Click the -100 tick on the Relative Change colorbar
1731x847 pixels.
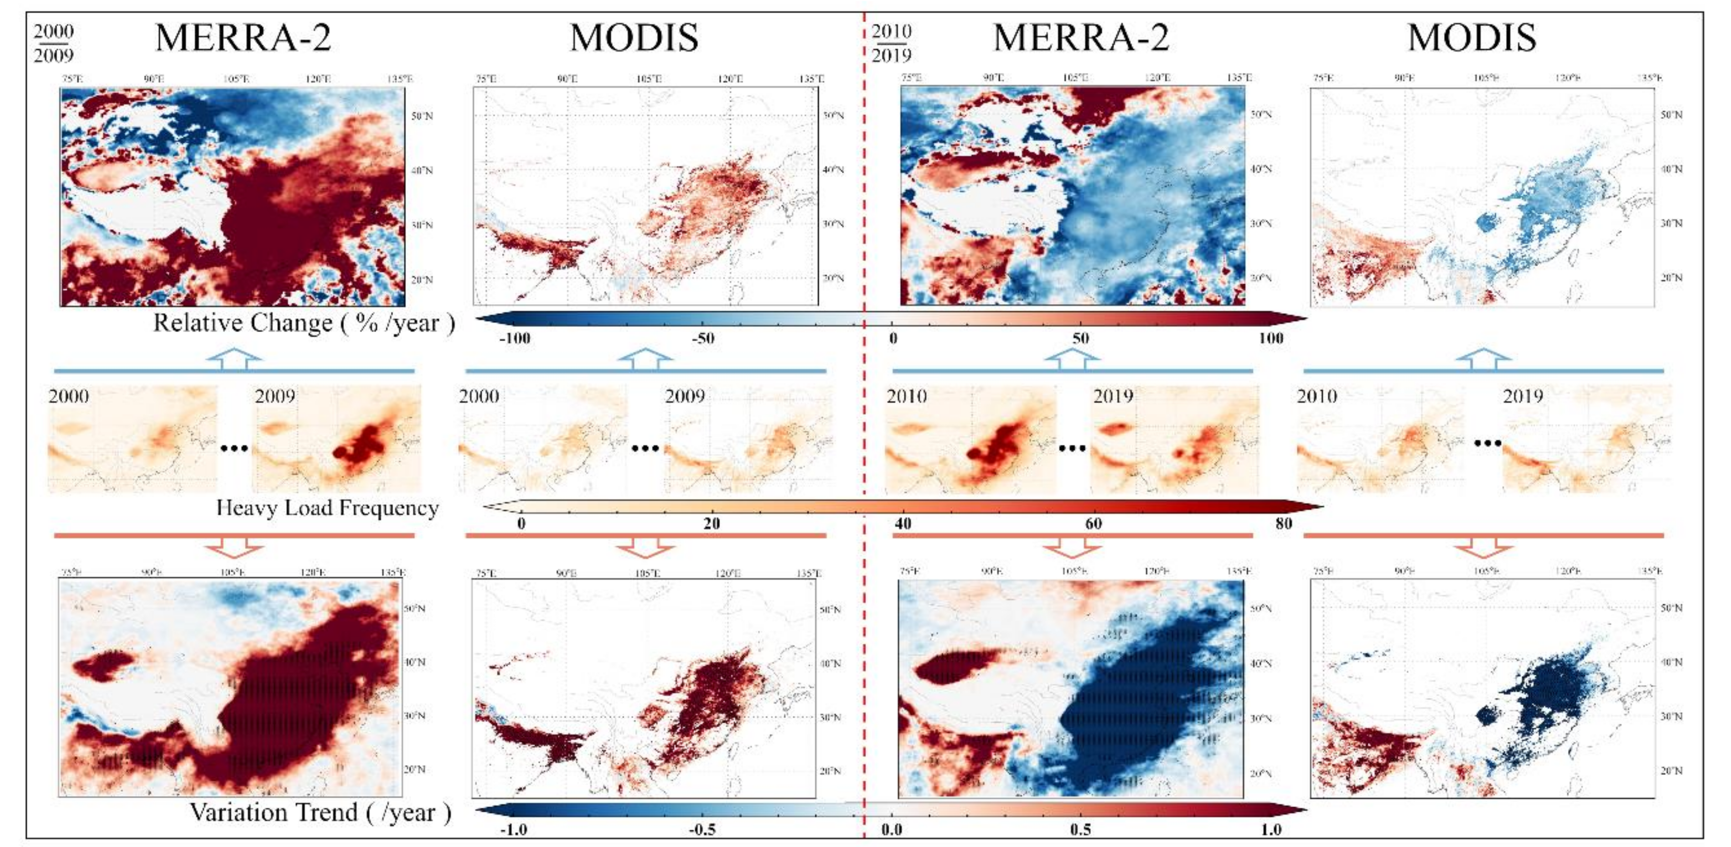515,338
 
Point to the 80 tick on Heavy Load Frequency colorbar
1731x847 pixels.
1283,523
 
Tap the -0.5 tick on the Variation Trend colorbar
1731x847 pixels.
702,829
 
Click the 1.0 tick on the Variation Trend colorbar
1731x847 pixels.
1271,829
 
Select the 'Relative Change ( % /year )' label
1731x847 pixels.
304,323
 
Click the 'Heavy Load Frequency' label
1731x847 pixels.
327,508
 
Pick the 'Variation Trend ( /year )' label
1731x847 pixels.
320,813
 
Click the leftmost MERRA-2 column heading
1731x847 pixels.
243,37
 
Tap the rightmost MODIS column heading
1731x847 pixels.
1471,37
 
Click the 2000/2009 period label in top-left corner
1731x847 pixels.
54,43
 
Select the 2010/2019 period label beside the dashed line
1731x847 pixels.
891,43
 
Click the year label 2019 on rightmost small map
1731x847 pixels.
1522,396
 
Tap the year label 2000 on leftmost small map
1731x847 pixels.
69,396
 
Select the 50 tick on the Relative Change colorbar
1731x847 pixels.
1081,338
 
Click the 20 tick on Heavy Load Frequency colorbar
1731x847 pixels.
712,523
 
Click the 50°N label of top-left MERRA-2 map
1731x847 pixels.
422,116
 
